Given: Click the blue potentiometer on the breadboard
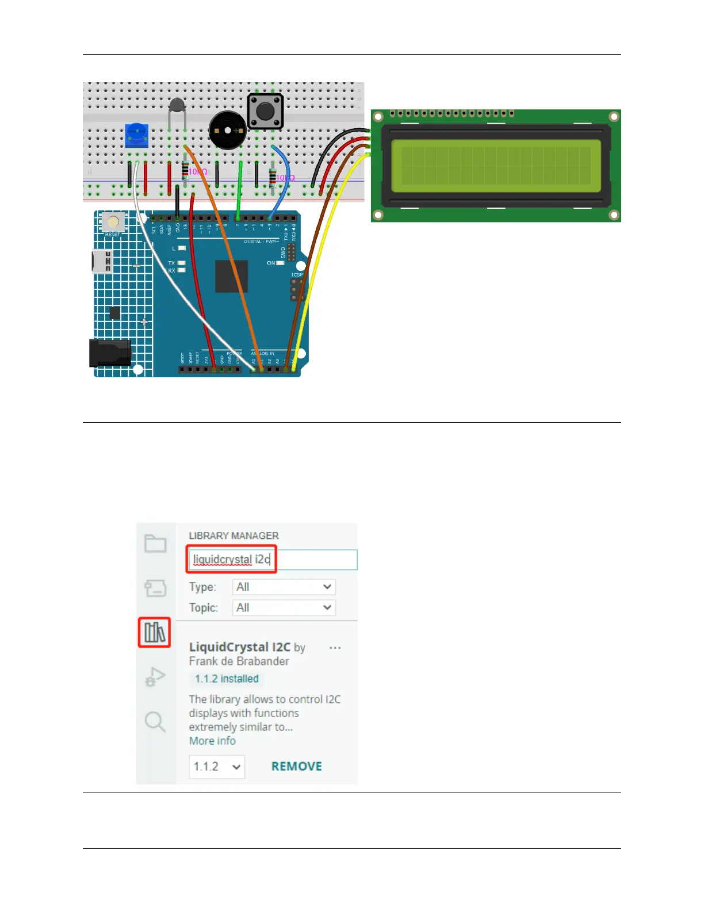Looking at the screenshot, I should [x=136, y=135].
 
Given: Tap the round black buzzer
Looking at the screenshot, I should [x=227, y=131].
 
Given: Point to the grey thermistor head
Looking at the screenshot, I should [x=177, y=105].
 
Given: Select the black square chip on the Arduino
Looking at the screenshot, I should [x=231, y=276].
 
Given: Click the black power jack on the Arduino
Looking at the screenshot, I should [x=109, y=353].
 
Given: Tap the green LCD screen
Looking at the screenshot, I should [x=496, y=165].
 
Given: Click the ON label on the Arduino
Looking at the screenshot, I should [x=271, y=263].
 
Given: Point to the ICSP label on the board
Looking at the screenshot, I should [x=297, y=274].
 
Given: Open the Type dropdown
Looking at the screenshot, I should [x=284, y=587].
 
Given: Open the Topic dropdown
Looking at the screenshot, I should [x=284, y=607].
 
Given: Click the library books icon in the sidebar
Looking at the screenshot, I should [x=155, y=632].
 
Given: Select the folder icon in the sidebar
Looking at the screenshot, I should [x=155, y=543].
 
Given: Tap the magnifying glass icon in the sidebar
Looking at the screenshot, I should [x=155, y=721].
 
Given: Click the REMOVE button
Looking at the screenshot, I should [x=296, y=766].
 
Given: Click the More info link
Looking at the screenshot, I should [x=212, y=741].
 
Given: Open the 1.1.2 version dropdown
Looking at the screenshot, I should [x=217, y=767].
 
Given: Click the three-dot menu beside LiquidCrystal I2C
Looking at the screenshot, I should [x=335, y=648].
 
